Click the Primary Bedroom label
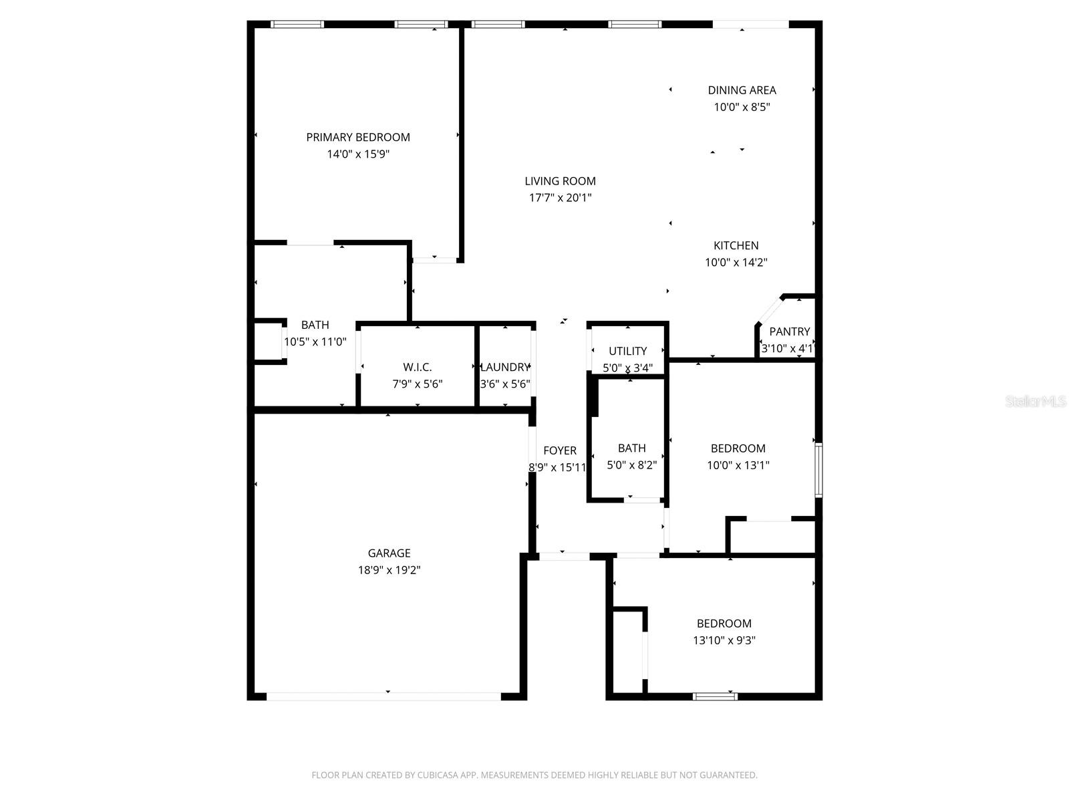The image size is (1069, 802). pos(357,137)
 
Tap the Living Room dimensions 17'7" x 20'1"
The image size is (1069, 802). pos(560,198)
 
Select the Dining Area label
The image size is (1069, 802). pos(742,90)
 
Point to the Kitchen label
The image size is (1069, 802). pos(736,245)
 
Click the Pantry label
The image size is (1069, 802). pos(789,331)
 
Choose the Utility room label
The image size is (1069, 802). pos(627,351)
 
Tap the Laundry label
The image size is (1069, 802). pos(504,367)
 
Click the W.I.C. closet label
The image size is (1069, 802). pos(417,367)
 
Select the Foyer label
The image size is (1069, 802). pos(559,450)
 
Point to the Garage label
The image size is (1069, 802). pos(389,553)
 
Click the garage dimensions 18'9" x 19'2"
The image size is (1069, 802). pos(389,570)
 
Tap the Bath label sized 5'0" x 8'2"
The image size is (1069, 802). pos(631,448)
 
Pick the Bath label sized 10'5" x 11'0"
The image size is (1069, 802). pos(315,325)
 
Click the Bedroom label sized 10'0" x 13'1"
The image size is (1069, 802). pos(738,448)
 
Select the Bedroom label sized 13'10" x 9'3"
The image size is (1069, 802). pos(724,624)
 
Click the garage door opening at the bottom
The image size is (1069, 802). pos(384,696)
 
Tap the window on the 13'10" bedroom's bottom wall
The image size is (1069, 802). pos(715,696)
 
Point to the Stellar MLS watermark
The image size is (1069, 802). pos(1036,402)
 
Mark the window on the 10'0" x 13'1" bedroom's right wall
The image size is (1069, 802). pos(818,470)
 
